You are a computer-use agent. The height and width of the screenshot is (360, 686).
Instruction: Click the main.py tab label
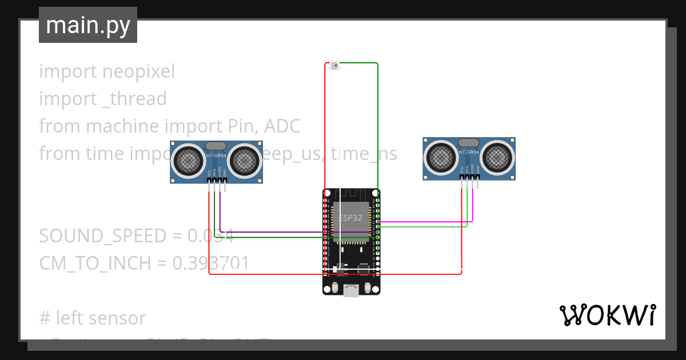pyautogui.click(x=88, y=25)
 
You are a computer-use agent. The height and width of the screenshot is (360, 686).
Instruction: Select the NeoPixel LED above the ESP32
pyautogui.click(x=334, y=66)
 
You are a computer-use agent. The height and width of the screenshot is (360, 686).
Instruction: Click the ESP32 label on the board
pyautogui.click(x=351, y=218)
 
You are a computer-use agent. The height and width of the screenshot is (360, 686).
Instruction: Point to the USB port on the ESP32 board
pyautogui.click(x=351, y=291)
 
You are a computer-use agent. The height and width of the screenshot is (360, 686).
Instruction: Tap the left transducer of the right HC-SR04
pyautogui.click(x=441, y=155)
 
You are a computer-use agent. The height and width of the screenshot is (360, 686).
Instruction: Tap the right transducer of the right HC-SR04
pyautogui.click(x=497, y=155)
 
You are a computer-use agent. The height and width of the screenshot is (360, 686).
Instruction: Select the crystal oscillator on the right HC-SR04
pyautogui.click(x=469, y=142)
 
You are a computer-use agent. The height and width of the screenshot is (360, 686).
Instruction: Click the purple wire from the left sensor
pyautogui.click(x=274, y=233)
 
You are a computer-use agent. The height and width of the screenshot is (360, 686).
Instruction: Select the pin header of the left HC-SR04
pyautogui.click(x=217, y=181)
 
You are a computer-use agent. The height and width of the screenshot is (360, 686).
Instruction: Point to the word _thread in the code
pyautogui.click(x=134, y=99)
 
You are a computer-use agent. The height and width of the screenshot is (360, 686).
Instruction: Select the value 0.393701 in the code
pyautogui.click(x=211, y=263)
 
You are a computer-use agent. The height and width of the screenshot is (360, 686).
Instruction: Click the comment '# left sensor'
pyautogui.click(x=93, y=318)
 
